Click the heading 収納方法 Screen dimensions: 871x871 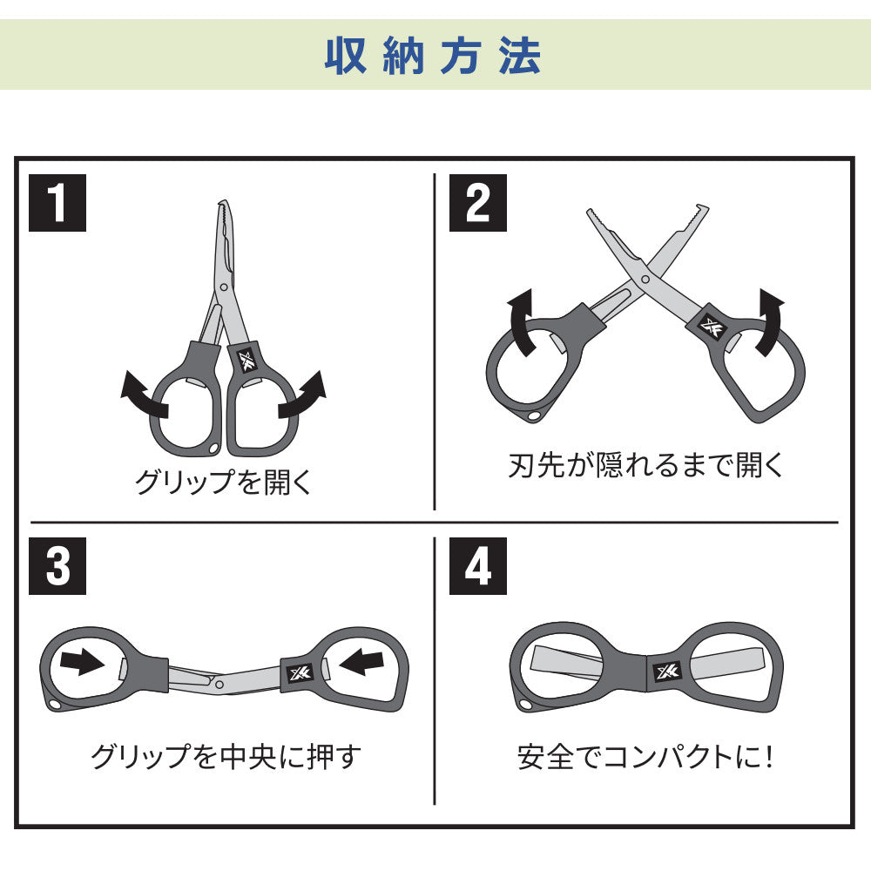(x=433, y=56)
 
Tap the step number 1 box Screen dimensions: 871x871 (x=57, y=203)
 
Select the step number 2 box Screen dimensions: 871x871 (x=477, y=203)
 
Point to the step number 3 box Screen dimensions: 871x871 (x=57, y=566)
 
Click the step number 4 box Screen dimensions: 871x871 (x=477, y=566)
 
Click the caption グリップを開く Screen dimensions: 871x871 (x=224, y=481)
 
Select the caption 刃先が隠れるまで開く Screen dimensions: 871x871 (x=645, y=464)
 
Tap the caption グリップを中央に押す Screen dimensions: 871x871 (x=226, y=757)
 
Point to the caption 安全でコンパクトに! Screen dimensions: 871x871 (x=645, y=757)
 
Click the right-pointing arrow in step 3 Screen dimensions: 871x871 (x=82, y=662)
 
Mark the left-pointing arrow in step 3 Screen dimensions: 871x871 (x=361, y=662)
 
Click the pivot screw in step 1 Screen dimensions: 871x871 (x=224, y=287)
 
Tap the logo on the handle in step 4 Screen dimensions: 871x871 (x=667, y=672)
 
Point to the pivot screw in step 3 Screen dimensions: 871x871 (x=219, y=685)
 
